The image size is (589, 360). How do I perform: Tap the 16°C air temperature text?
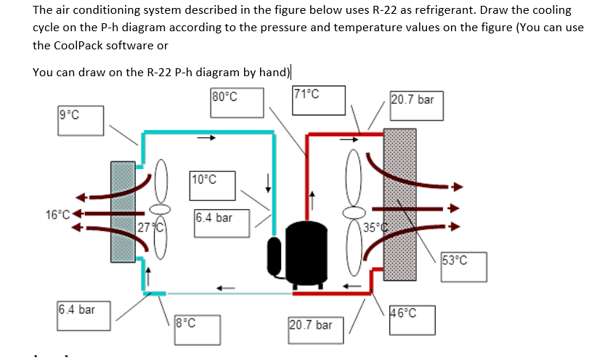click(57, 214)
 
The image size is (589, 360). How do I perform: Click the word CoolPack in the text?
click(65, 45)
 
